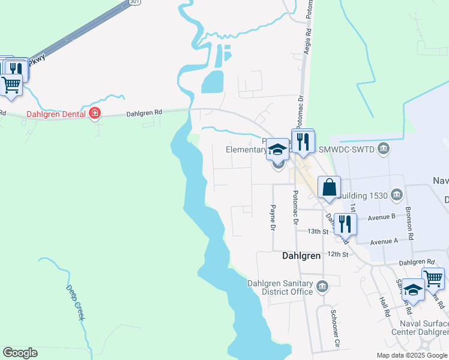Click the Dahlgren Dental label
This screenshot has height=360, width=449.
(x=56, y=113)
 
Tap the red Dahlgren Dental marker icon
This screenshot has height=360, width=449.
(x=95, y=113)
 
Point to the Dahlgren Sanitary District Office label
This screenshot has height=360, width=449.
(x=280, y=287)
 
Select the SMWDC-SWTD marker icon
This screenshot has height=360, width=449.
(x=385, y=148)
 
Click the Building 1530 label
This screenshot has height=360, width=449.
(x=363, y=194)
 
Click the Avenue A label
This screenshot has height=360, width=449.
(x=384, y=242)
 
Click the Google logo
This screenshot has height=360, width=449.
(x=20, y=353)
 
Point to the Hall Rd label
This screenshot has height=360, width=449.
(x=384, y=306)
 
